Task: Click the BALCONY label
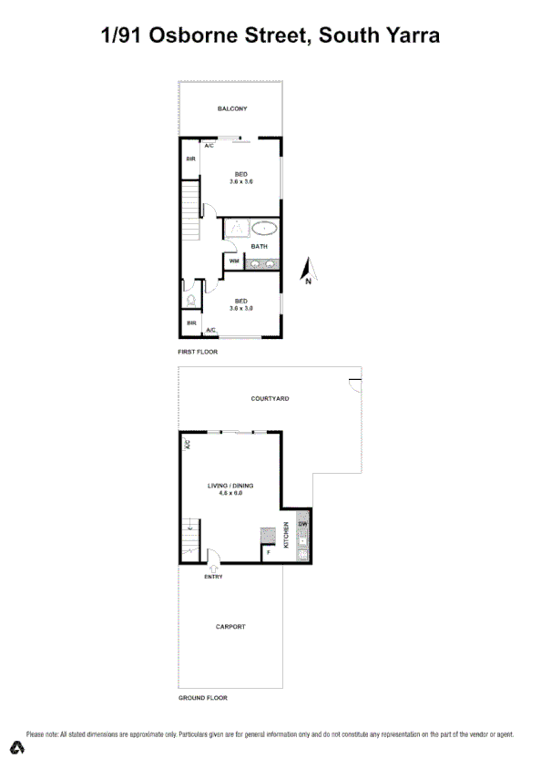pyautogui.click(x=232, y=109)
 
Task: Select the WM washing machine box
pyautogui.click(x=234, y=261)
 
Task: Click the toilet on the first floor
pyautogui.click(x=190, y=298)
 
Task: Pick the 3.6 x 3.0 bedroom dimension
pyautogui.click(x=241, y=309)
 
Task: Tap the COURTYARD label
pyautogui.click(x=270, y=399)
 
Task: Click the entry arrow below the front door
pyautogui.click(x=214, y=568)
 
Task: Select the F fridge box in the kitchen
pyautogui.click(x=269, y=551)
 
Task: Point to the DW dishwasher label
pyautogui.click(x=303, y=524)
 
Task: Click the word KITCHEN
pyautogui.click(x=287, y=535)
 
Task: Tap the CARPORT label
pyautogui.click(x=230, y=627)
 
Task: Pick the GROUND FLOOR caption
pyautogui.click(x=202, y=698)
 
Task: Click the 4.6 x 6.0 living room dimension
pyautogui.click(x=230, y=494)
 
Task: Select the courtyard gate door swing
pyautogui.click(x=355, y=385)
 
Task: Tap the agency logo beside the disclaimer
pyautogui.click(x=16, y=748)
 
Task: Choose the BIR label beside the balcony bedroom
pyautogui.click(x=191, y=159)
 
